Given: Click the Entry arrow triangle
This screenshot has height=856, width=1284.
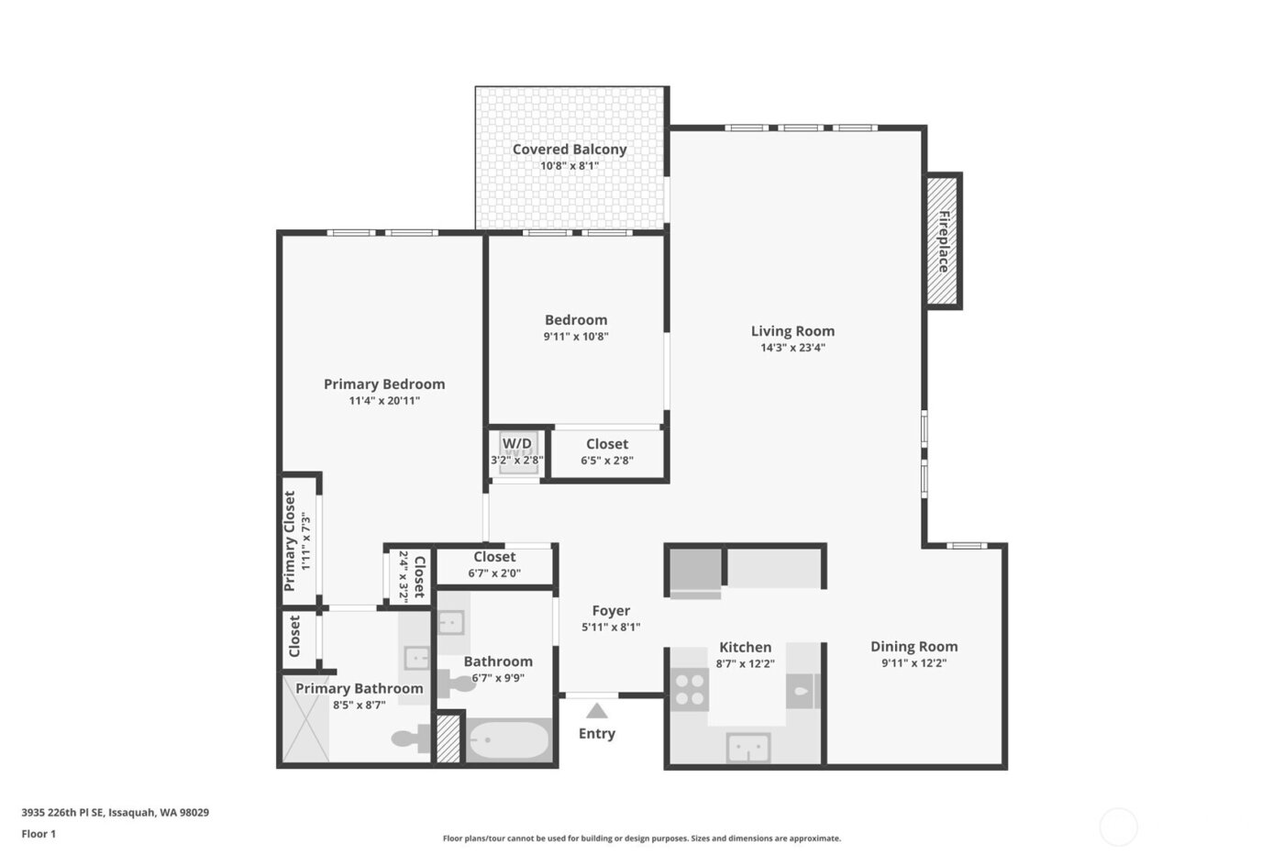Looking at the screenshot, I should [597, 710].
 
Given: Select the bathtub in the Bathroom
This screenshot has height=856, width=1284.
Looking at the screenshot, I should [508, 739].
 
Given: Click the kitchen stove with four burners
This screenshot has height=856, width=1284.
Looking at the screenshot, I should [690, 689].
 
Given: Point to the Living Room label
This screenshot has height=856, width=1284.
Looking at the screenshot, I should [792, 331].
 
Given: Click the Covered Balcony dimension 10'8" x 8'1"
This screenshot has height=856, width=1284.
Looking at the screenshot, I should [569, 166].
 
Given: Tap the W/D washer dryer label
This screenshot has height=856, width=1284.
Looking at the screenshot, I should [516, 444].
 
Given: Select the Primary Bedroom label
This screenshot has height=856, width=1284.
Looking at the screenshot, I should [384, 384].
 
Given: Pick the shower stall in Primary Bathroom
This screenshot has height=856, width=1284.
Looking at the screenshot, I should [305, 718].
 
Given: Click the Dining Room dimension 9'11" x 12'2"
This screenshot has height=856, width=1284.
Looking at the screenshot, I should [913, 663].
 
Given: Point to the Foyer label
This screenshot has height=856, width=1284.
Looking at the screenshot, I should [611, 611].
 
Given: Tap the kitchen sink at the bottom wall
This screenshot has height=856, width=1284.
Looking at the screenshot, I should [748, 747].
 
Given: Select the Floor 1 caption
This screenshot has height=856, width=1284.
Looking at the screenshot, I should [39, 834].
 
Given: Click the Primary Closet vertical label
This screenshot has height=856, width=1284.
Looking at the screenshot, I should [290, 541].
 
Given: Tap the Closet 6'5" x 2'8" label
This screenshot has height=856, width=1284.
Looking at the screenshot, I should [607, 444].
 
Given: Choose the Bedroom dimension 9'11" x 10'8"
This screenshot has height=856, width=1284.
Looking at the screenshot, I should [576, 337].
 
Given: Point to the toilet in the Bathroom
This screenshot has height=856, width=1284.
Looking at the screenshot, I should [456, 684].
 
